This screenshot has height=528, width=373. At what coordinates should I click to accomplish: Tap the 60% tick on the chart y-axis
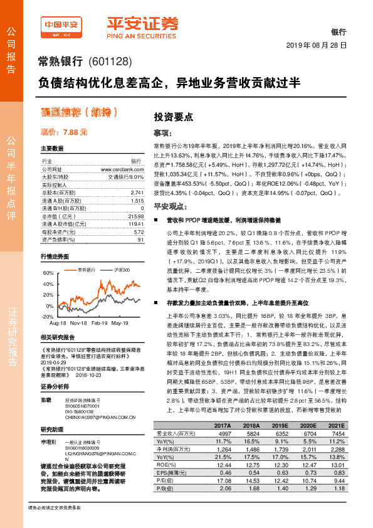(48, 273)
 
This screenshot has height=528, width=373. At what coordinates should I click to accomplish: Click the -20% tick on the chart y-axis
(46, 317)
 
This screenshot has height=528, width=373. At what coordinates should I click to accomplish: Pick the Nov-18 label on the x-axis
(78, 323)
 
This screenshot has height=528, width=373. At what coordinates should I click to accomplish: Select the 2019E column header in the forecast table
(277, 443)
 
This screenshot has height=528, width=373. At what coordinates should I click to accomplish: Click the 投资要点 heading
(174, 117)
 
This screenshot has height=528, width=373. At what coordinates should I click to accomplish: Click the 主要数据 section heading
(52, 149)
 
